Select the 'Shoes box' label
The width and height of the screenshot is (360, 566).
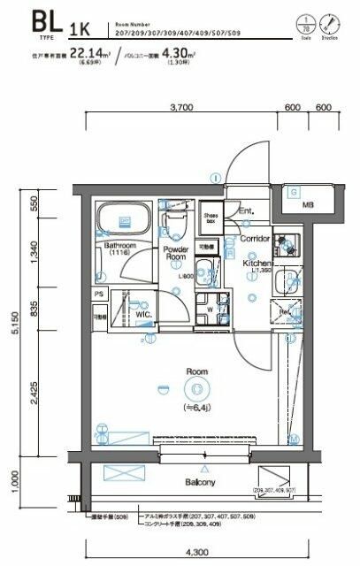(x=211, y=218)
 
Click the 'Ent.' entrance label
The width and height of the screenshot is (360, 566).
(x=246, y=210)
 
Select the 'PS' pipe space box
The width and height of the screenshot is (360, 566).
(x=99, y=294)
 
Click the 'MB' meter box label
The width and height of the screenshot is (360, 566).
(x=308, y=205)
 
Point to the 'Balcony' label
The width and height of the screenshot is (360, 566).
(x=203, y=483)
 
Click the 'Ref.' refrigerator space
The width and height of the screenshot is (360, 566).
(x=286, y=312)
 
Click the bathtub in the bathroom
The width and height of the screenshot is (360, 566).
(x=121, y=218)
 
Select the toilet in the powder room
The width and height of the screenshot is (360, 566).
(x=174, y=218)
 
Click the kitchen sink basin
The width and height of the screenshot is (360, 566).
(x=287, y=282)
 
